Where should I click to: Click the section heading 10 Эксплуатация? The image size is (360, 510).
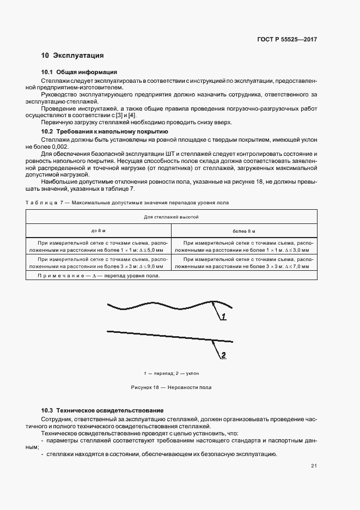72,56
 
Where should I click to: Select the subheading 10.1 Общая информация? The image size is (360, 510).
79,72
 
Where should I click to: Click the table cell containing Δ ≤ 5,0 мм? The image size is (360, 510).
98,247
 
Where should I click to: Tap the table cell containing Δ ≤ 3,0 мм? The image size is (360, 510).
243,247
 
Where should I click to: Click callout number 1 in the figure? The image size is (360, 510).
223,317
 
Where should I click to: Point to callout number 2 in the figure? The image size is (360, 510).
223,355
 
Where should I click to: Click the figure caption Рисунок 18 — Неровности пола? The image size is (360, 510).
171,387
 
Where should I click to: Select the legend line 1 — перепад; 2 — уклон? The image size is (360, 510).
171,374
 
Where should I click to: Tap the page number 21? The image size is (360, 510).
314,465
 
